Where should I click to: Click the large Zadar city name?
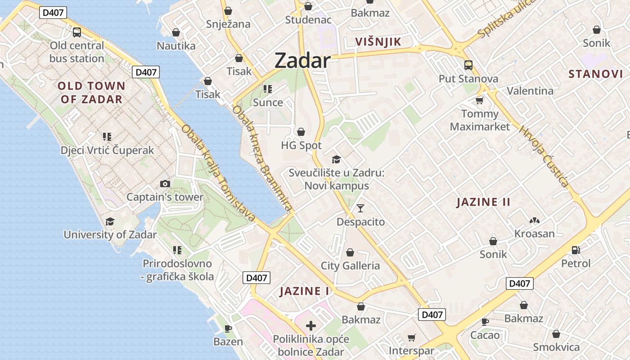pos(302,60)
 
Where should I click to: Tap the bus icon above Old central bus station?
pos(77,32)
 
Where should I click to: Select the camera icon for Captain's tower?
pos(165,184)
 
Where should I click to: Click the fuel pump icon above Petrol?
pos(576,250)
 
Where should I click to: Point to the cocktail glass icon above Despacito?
pos(360,208)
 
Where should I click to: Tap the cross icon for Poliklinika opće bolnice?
pos(310,326)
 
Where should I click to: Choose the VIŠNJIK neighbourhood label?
pos(378,42)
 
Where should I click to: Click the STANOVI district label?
pos(596,74)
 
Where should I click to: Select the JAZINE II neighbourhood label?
pos(483,202)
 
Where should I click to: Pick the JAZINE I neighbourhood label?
pos(304,291)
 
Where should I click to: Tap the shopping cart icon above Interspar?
pos(411,337)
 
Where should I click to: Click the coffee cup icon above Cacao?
pos(485,322)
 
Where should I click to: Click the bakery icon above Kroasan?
pos(534,220)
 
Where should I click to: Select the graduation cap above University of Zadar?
pos(110,221)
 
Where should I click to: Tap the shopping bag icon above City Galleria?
pos(350,252)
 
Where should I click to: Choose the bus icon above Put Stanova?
pos(468,65)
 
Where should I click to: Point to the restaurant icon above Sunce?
pos(268,89)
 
